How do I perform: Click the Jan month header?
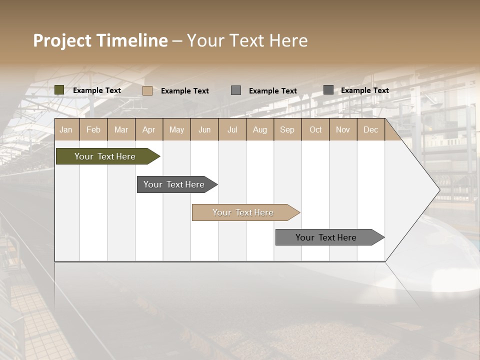pyautogui.click(x=66, y=129)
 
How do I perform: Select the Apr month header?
pyautogui.click(x=148, y=129)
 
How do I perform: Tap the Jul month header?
pyautogui.click(x=232, y=129)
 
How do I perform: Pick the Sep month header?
pyautogui.click(x=287, y=129)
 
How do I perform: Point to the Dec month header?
pyautogui.click(x=370, y=129)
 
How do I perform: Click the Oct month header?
pyautogui.click(x=315, y=129)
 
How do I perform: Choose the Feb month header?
pyautogui.click(x=93, y=129)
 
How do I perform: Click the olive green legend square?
pyautogui.click(x=59, y=90)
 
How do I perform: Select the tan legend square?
pyautogui.click(x=147, y=90)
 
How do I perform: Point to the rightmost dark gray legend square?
pyautogui.click(x=328, y=90)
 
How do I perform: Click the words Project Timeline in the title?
pyautogui.click(x=100, y=40)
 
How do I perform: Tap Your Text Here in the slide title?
pyautogui.click(x=247, y=40)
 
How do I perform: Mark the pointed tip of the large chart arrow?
pyautogui.click(x=439, y=190)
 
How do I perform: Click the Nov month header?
pyautogui.click(x=343, y=129)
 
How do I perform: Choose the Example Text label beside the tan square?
pyautogui.click(x=185, y=91)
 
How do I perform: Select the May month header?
pyautogui.click(x=176, y=129)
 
